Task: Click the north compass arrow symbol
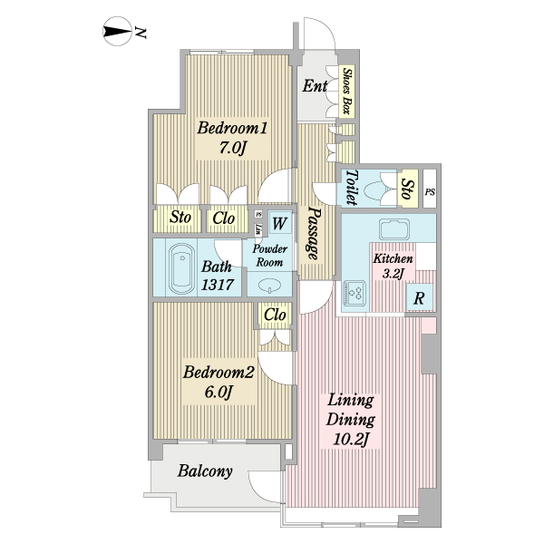pyautogui.click(x=116, y=34)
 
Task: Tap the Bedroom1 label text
pyautogui.click(x=230, y=128)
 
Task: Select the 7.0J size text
pyautogui.click(x=230, y=147)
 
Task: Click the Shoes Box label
pyautogui.click(x=347, y=91)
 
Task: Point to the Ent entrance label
pyautogui.click(x=315, y=87)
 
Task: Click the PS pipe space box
pyautogui.click(x=429, y=191)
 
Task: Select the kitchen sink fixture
pyautogui.click(x=396, y=227)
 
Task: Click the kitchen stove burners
pyautogui.click(x=355, y=292)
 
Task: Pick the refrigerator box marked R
pyautogui.click(x=421, y=297)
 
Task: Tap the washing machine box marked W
pyautogui.click(x=279, y=223)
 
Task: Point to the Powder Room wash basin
pyautogui.click(x=270, y=285)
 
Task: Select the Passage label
pyautogui.click(x=314, y=231)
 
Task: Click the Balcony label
pyautogui.click(x=205, y=471)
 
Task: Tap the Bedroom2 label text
pyautogui.click(x=219, y=373)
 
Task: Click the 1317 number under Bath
pyautogui.click(x=218, y=285)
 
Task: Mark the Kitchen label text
pyautogui.click(x=393, y=258)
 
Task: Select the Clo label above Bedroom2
pyautogui.click(x=275, y=315)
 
